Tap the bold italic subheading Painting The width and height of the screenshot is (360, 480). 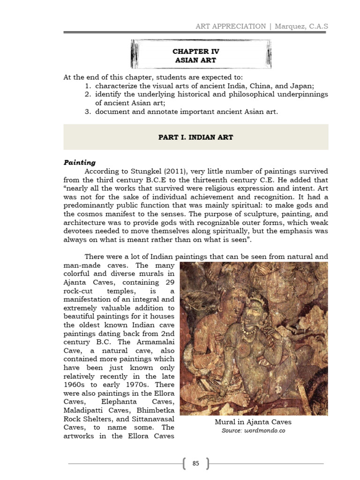point(79,163)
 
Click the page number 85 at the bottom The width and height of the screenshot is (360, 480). point(196,464)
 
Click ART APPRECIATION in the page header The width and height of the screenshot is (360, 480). point(231,26)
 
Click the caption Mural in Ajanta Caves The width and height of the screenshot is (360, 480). point(253,422)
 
